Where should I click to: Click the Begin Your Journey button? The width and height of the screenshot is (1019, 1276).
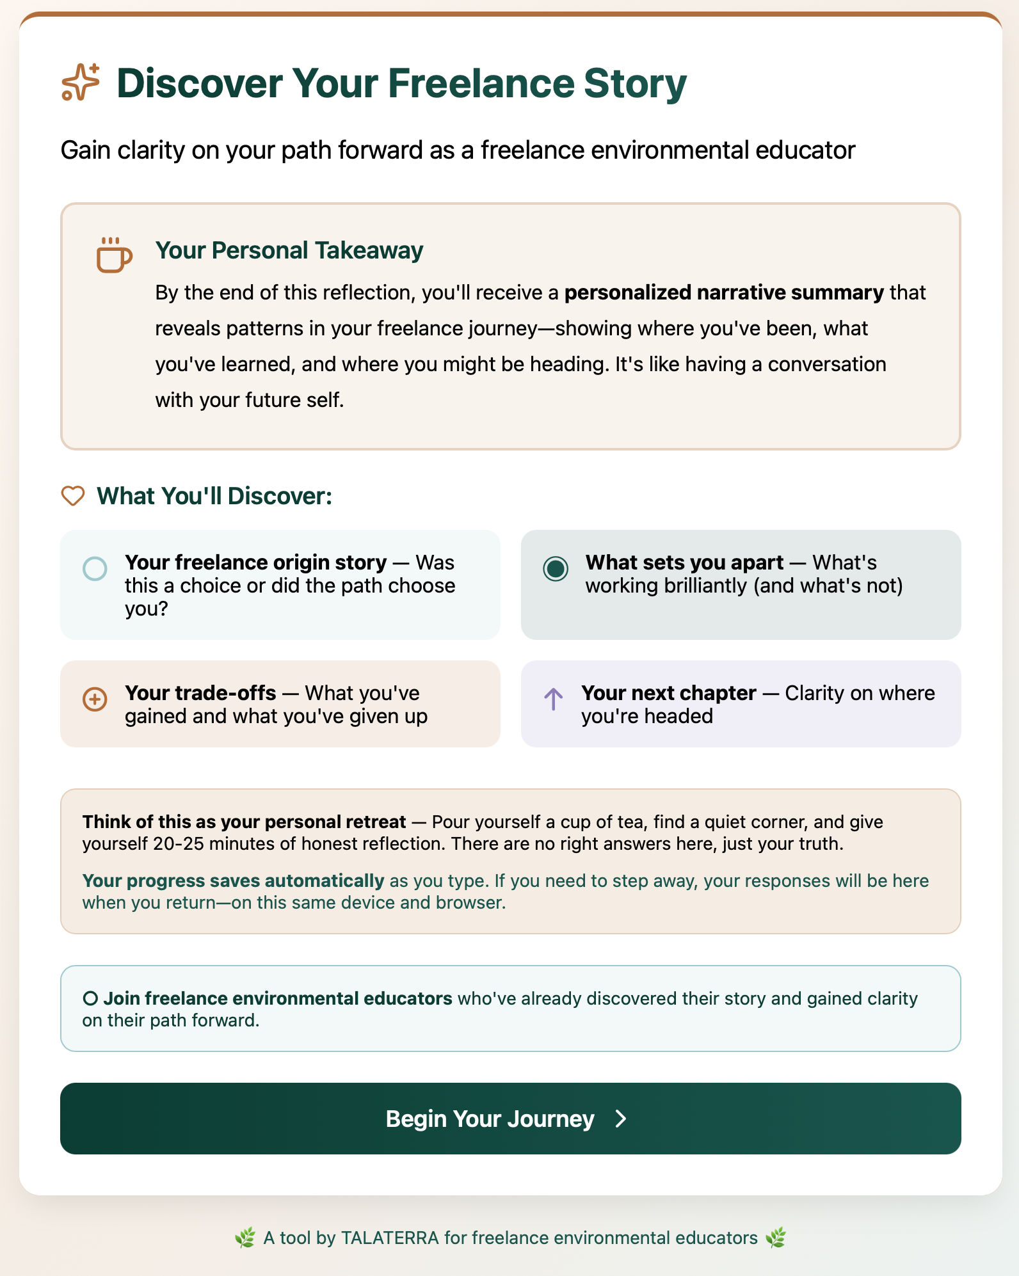[x=509, y=1119]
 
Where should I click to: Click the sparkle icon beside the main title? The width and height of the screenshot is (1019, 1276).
[x=81, y=83]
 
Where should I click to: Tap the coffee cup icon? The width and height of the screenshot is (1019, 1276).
[x=114, y=255]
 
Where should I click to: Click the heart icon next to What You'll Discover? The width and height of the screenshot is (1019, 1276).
[x=73, y=496]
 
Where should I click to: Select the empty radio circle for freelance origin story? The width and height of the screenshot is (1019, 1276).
[x=95, y=568]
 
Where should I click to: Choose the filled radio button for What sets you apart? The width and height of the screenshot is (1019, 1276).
[x=556, y=568]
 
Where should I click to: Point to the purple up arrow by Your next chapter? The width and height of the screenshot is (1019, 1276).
[x=554, y=699]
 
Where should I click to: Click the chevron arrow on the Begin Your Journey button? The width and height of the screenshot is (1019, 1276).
[x=620, y=1119]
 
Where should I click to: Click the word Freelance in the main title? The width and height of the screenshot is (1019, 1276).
[x=481, y=83]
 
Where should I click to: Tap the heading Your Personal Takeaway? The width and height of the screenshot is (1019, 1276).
[x=289, y=250]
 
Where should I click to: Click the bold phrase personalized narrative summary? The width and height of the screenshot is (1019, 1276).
[x=724, y=292]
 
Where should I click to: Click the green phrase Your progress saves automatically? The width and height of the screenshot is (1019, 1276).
[x=233, y=881]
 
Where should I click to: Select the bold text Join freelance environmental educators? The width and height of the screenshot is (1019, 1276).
[x=278, y=998]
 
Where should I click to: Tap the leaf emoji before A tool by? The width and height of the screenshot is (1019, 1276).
[x=245, y=1238]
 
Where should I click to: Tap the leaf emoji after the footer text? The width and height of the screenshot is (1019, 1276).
[x=776, y=1238]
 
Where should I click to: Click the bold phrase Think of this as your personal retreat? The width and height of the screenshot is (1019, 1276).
[x=244, y=822]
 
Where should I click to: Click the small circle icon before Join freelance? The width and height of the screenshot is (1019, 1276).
[x=90, y=998]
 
